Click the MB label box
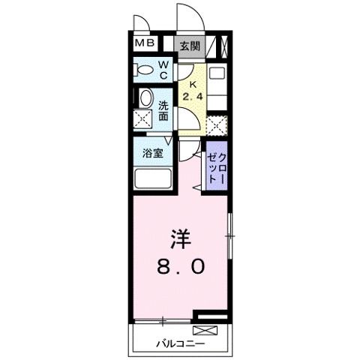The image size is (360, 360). (145, 43)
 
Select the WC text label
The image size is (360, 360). (163, 70)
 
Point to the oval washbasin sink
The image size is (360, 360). (145, 98)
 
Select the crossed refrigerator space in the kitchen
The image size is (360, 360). (216, 124)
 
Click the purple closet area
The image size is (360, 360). (217, 165)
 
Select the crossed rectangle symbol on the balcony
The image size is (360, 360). (204, 330)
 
